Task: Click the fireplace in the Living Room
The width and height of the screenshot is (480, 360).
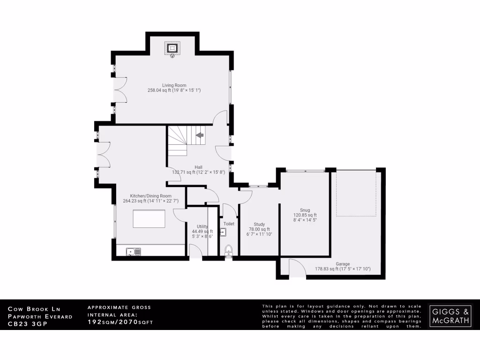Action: pyautogui.click(x=172, y=48)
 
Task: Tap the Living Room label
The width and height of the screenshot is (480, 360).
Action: pyautogui.click(x=172, y=85)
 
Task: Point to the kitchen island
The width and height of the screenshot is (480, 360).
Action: pyautogui.click(x=149, y=219)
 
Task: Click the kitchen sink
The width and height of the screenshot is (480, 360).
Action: pyautogui.click(x=133, y=252)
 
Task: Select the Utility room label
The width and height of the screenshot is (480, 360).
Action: pyautogui.click(x=202, y=226)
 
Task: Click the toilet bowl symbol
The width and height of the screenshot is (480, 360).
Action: pyautogui.click(x=228, y=249)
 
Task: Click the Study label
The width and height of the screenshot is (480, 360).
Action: pyautogui.click(x=259, y=224)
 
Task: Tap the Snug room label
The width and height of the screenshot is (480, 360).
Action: pyautogui.click(x=305, y=210)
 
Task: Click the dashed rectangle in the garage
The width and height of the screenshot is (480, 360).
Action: pyautogui.click(x=356, y=193)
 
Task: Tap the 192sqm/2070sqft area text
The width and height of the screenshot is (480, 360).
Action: pyautogui.click(x=120, y=322)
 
